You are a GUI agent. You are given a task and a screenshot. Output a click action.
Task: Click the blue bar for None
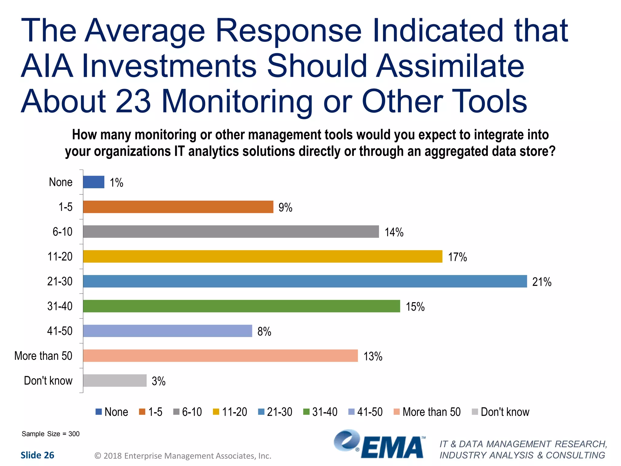click(x=94, y=182)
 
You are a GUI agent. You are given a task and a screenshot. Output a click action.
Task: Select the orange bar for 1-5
click(x=178, y=207)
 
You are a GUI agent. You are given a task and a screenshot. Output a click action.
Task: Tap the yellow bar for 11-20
click(x=263, y=256)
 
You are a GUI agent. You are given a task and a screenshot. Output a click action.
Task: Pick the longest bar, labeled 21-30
click(x=305, y=281)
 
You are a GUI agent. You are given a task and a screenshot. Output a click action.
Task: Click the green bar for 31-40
click(x=241, y=306)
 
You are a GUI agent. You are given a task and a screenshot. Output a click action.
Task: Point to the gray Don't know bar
click(x=115, y=380)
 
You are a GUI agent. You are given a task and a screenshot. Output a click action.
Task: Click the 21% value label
click(x=542, y=282)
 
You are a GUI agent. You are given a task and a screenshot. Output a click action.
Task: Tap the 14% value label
click(x=394, y=232)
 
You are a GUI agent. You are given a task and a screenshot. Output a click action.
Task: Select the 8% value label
click(x=264, y=332)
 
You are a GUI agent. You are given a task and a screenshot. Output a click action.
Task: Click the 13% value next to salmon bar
click(x=373, y=356)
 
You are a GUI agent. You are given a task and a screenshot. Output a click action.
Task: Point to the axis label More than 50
click(x=43, y=356)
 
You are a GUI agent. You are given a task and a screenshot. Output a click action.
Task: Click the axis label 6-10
click(x=62, y=232)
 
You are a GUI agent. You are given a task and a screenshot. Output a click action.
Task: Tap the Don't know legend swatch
click(x=475, y=412)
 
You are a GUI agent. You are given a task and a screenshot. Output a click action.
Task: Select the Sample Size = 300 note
click(x=51, y=434)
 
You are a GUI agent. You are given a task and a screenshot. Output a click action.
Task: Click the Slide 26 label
click(x=37, y=455)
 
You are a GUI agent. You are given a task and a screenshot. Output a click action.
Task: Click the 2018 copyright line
click(x=183, y=456)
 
